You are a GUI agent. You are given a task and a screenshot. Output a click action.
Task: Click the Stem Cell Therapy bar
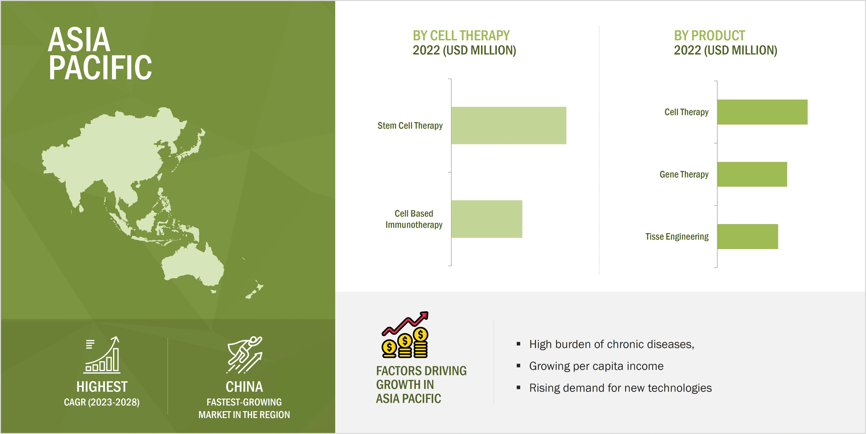point(508,126)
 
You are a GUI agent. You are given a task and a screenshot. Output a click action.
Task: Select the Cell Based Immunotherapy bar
point(486,219)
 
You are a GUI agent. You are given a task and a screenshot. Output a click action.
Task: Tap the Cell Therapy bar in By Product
point(762,112)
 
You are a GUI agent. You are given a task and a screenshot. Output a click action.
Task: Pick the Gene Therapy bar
point(752,174)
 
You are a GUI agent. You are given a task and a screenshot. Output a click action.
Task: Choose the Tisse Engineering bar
point(747,236)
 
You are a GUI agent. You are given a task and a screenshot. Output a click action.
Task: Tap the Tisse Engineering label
point(677,236)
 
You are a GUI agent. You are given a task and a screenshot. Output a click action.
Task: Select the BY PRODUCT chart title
point(709,36)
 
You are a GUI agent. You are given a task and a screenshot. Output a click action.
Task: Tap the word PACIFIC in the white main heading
point(100,68)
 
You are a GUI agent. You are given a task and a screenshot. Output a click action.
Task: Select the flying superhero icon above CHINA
point(244,355)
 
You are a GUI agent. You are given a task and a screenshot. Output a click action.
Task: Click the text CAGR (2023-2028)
point(101,402)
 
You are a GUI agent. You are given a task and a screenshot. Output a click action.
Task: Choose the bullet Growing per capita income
point(596,366)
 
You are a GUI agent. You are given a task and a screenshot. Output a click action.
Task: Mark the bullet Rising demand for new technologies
point(620,388)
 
